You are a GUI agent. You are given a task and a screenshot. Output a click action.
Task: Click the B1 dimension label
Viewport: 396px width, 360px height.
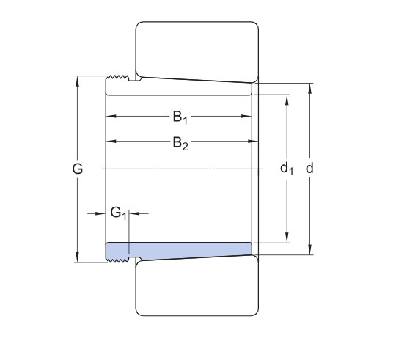(x=180, y=117)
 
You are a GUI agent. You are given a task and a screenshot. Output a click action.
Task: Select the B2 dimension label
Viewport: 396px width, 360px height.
(x=180, y=142)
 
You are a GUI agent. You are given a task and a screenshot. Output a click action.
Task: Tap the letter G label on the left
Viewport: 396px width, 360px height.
(x=78, y=169)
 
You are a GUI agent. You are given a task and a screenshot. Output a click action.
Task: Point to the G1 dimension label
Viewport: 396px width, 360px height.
(x=119, y=213)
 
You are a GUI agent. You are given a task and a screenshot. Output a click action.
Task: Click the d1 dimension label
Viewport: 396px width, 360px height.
(x=287, y=169)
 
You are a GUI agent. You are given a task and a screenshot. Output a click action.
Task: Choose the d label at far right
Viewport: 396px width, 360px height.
(x=310, y=169)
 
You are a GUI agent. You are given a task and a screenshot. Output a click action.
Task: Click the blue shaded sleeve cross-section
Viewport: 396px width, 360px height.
(x=191, y=250)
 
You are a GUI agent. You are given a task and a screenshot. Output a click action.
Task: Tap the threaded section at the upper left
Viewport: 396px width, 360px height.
(x=117, y=80)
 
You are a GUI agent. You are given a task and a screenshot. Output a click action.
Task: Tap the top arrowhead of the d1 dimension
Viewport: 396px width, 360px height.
(x=287, y=98)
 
